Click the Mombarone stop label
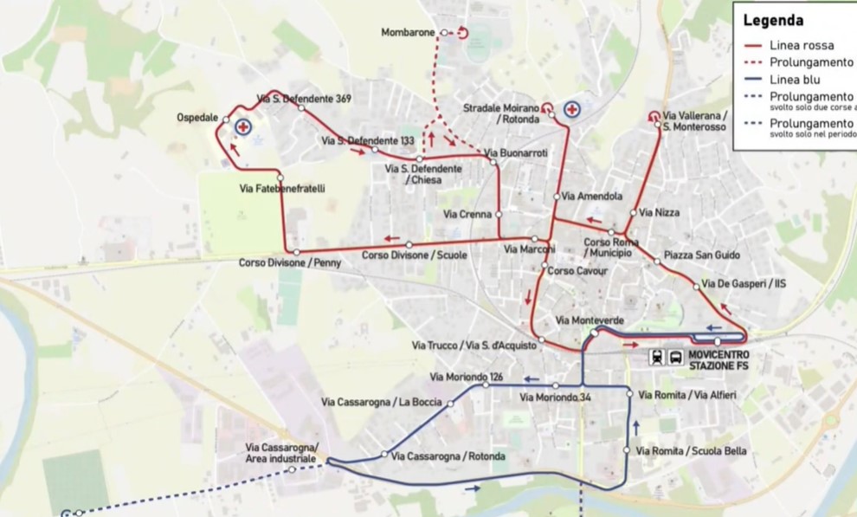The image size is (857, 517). (408, 33)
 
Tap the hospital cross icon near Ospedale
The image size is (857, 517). (244, 127)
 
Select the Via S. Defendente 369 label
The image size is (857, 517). (303, 99)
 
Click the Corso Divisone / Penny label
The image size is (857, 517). (290, 262)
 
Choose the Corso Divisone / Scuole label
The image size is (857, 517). (415, 255)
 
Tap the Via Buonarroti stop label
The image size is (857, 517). (516, 152)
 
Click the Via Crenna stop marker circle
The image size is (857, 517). (499, 214)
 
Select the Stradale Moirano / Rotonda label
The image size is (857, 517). (501, 113)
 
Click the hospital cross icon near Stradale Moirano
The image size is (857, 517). (571, 110)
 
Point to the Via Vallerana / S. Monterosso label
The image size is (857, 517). (695, 120)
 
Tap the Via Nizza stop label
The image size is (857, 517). (660, 212)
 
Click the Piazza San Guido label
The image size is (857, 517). (702, 255)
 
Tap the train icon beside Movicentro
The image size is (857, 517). (657, 358)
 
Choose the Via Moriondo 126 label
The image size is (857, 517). (467, 377)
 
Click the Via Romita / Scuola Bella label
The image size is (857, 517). (691, 451)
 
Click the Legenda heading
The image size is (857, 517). (773, 21)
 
